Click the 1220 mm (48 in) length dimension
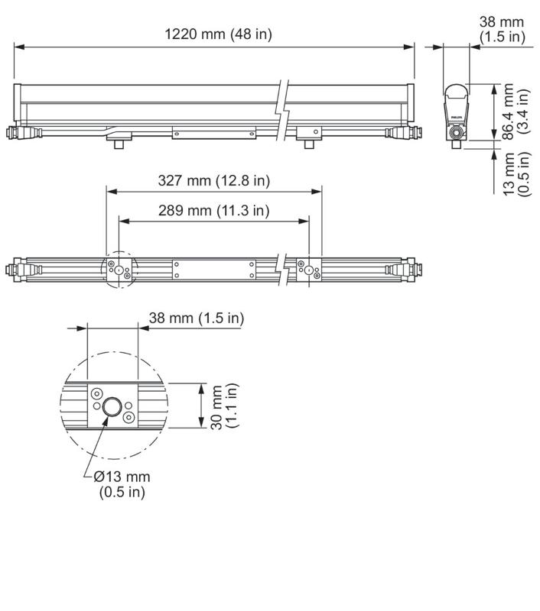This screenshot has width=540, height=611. point(218,34)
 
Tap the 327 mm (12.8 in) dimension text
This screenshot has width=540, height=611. point(214,181)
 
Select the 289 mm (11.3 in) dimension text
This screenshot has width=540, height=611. point(214,211)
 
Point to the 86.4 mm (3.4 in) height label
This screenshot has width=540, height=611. point(516,112)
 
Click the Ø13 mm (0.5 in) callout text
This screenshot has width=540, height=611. point(122,484)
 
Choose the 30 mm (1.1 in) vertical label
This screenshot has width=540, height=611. point(224,406)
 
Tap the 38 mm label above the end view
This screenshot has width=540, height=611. point(503,29)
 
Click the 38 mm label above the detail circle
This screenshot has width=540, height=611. point(197,318)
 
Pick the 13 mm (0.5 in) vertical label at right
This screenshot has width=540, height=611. point(516,174)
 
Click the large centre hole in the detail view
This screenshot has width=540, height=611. point(112,407)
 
